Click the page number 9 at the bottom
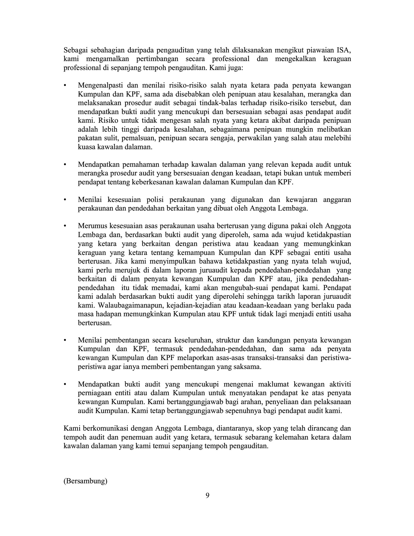(207, 496)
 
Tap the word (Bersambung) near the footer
(85, 481)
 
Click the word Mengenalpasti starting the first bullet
(99, 85)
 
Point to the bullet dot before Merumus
(65, 226)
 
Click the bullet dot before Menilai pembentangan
(65, 340)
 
